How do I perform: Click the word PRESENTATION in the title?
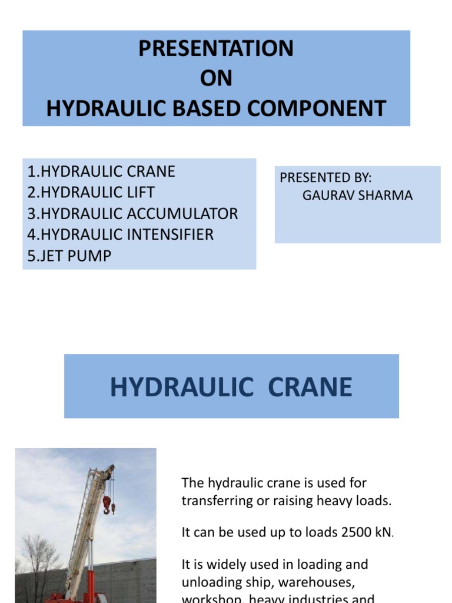[216, 49]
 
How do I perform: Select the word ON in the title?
[216, 79]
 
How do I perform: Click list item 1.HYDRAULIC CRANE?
[101, 172]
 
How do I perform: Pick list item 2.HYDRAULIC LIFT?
[91, 193]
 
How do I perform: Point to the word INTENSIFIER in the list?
[169, 235]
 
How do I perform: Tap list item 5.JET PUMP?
[69, 256]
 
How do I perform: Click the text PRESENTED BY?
[325, 178]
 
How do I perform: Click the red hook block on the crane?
[107, 502]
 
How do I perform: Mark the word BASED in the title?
[187, 109]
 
